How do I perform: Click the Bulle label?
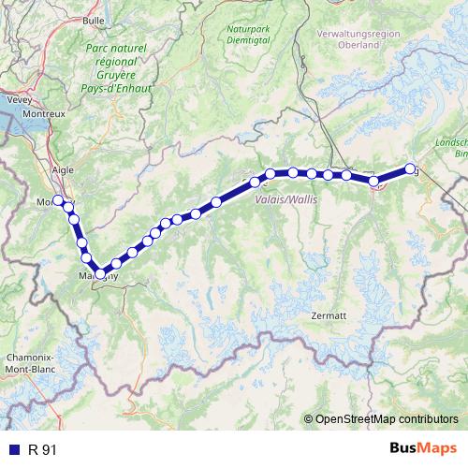click(x=94, y=18)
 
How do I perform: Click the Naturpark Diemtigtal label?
click(x=247, y=35)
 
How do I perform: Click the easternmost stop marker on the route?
click(x=410, y=169)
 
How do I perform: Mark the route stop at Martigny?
click(x=100, y=273)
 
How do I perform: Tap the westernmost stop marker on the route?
click(x=58, y=200)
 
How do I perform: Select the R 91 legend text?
click(x=42, y=450)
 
